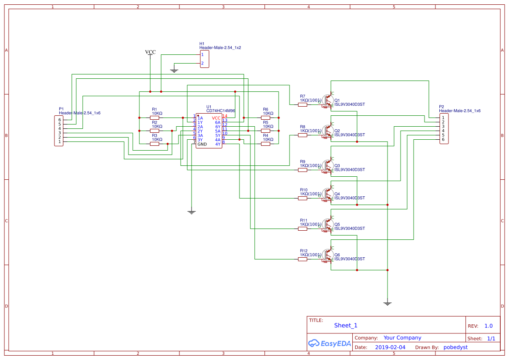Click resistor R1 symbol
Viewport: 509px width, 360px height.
155,118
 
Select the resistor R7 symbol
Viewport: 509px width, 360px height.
303,104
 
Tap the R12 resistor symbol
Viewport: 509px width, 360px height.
303,259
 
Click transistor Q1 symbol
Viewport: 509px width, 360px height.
326,100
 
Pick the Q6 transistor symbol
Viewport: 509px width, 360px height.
326,255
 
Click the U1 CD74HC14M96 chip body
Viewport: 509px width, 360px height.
209,131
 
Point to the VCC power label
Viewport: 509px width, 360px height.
150,52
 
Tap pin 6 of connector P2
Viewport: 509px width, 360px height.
444,139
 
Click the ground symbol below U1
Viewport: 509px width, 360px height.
191,212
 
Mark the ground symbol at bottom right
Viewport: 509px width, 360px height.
387,303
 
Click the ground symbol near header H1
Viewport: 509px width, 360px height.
174,71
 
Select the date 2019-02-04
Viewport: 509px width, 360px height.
390,347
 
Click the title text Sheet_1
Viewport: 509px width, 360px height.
346,325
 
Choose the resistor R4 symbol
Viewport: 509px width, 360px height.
266,144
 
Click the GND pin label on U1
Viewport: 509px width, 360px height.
202,144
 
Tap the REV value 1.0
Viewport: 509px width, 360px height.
489,326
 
